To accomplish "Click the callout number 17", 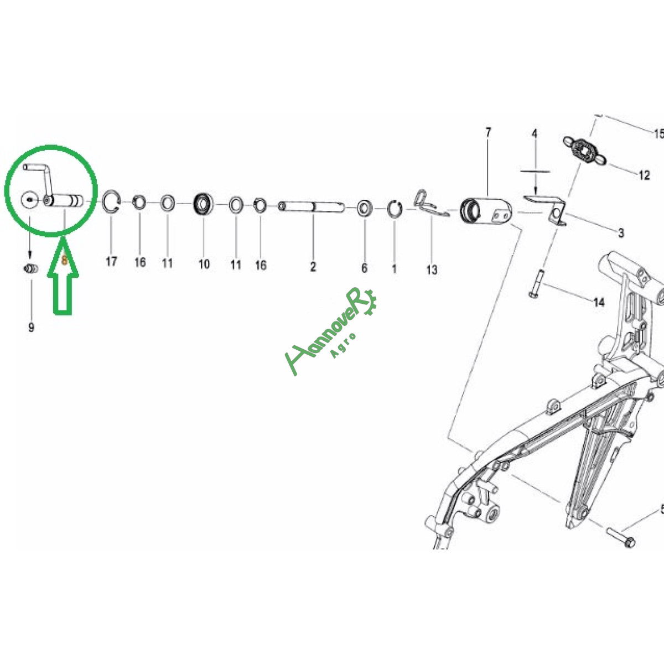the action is pos(111,262).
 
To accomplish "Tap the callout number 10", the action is pos(204,264).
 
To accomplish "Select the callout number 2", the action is pos(313,266).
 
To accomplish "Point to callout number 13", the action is pos(432,269).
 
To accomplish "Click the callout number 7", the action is pos(488,133).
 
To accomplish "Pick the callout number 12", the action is pos(645,175).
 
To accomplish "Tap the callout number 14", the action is pos(599,303).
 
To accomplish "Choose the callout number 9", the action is pos(32,327).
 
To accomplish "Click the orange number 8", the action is pos(64,261).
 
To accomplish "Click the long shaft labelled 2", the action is pos(311,207).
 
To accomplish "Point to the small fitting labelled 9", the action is pos(31,268).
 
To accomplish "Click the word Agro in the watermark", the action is pos(343,346).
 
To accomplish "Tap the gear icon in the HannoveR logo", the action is pos(369,303).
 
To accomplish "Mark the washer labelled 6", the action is pos(365,209).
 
